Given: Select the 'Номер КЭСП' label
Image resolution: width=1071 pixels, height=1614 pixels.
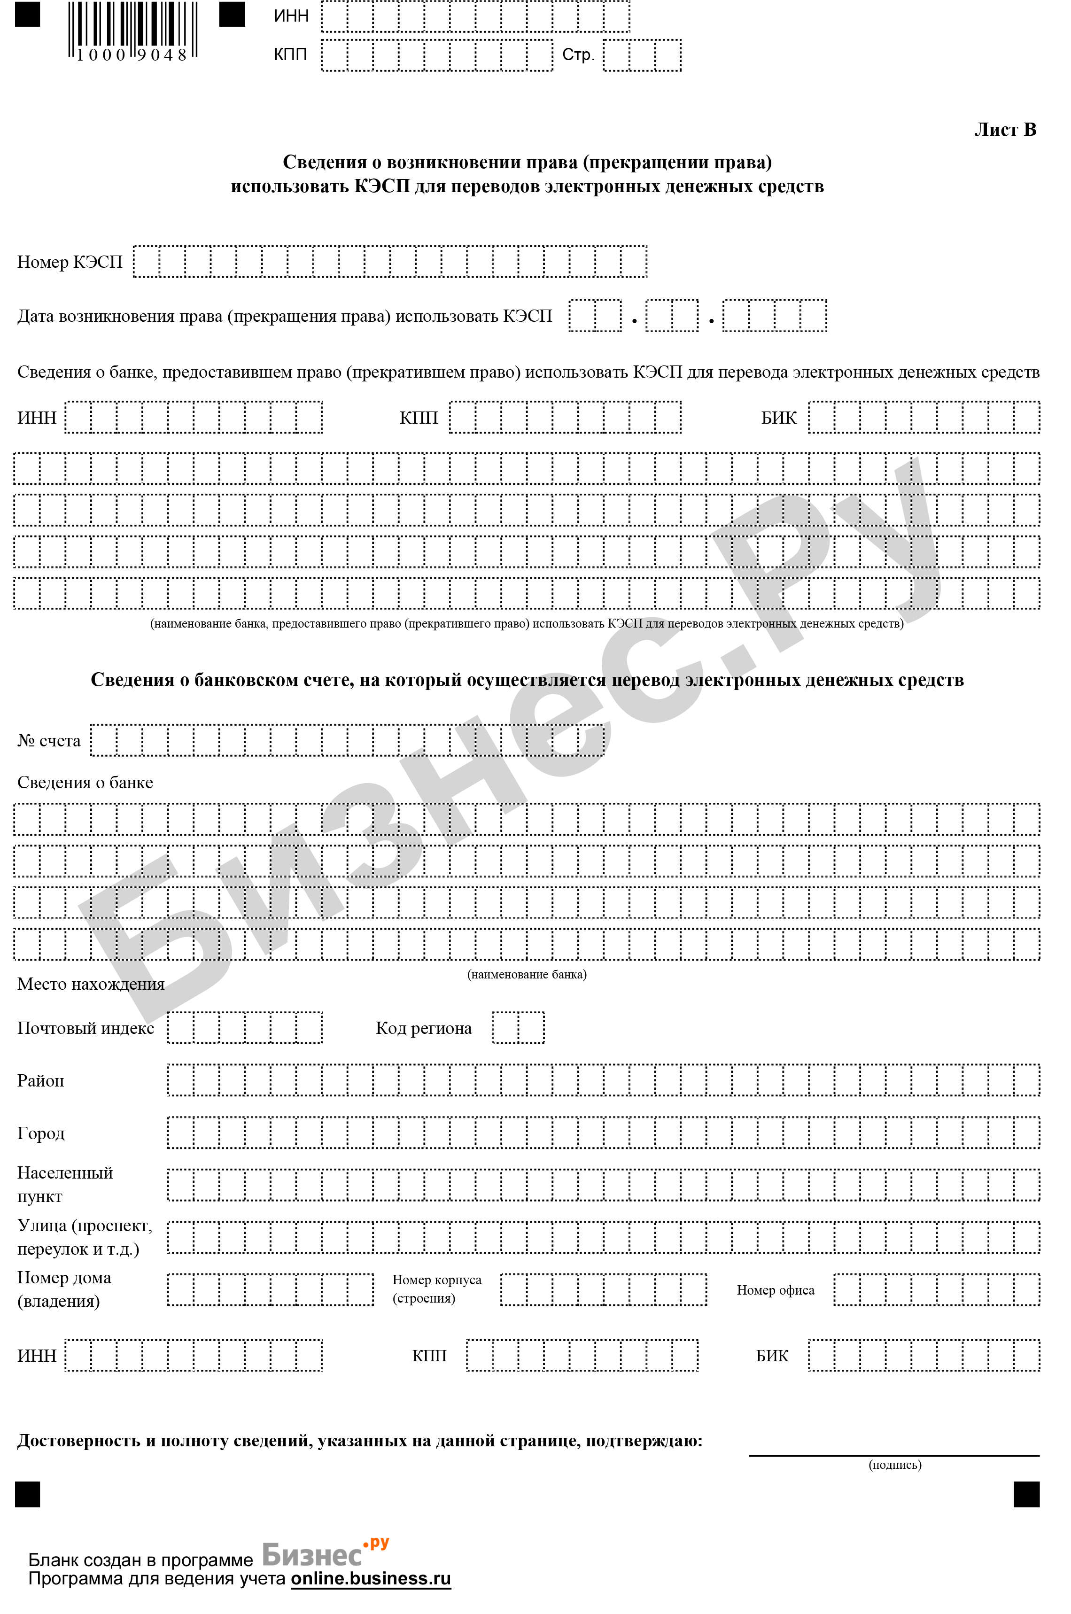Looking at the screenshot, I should [x=70, y=262].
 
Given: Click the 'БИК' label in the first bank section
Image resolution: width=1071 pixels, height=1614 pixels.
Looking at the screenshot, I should [x=779, y=418].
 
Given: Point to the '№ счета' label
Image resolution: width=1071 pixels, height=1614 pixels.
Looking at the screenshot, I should [x=49, y=741].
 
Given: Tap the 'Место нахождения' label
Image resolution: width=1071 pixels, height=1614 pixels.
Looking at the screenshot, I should [x=91, y=984].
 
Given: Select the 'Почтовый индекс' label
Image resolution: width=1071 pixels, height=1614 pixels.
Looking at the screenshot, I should [x=85, y=1029].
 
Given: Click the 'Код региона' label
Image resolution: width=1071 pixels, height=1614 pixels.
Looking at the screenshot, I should [x=424, y=1029].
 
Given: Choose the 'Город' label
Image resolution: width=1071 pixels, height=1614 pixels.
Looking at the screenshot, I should [x=41, y=1134].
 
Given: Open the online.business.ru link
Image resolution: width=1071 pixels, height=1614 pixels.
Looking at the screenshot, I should [x=371, y=1578].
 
